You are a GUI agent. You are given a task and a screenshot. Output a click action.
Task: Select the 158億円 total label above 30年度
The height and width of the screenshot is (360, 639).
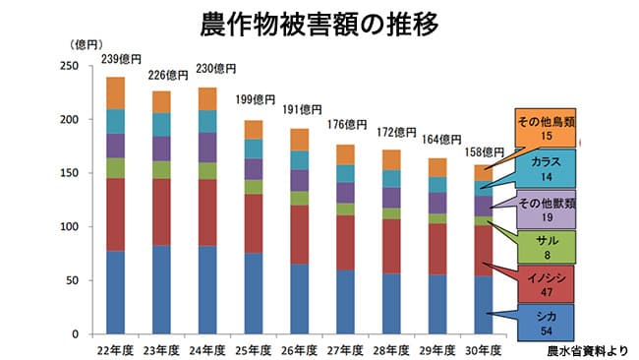click(x=484, y=152)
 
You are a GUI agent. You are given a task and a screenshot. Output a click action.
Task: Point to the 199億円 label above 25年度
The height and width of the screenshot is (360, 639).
click(x=256, y=99)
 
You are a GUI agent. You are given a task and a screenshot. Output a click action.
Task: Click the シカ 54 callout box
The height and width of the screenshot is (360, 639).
click(x=546, y=324)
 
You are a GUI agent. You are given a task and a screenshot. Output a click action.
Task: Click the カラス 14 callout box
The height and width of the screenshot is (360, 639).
click(x=546, y=167)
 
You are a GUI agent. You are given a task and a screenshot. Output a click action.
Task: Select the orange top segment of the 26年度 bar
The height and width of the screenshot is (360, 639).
click(x=299, y=140)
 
